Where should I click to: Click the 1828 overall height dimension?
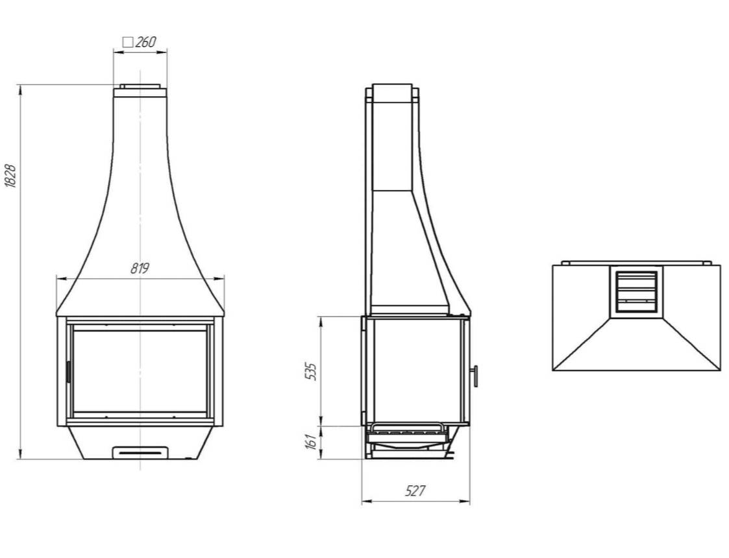point(10,176)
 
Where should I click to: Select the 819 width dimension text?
point(140,269)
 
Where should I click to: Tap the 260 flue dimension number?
point(145,42)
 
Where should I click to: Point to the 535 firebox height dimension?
point(312,371)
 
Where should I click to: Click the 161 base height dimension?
point(312,442)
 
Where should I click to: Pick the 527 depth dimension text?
point(415,491)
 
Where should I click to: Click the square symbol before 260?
point(128,42)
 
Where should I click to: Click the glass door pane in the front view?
point(140,371)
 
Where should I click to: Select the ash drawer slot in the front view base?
point(140,452)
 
